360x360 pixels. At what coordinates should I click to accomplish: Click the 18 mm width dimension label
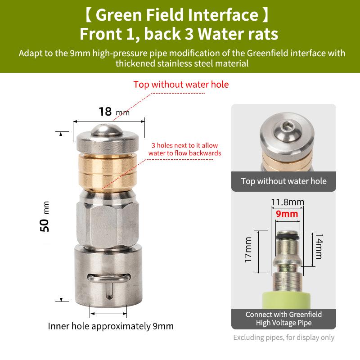pyautogui.click(x=114, y=112)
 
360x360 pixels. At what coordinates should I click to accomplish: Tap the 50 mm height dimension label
pyautogui.click(x=45, y=216)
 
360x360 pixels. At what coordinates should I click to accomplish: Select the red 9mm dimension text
pyautogui.click(x=287, y=214)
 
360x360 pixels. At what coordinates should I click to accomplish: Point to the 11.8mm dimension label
pyautogui.click(x=288, y=202)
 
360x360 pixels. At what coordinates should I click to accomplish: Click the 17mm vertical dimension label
pyautogui.click(x=248, y=250)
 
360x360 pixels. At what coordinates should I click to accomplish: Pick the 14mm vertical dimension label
pyautogui.click(x=319, y=246)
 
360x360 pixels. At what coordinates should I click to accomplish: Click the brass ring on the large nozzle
pyautogui.click(x=108, y=173)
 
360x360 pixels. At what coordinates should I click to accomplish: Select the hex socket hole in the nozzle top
pyautogui.click(x=287, y=126)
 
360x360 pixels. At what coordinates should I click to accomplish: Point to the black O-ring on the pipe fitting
pyautogui.click(x=288, y=237)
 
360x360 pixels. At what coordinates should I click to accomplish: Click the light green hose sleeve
pyautogui.click(x=286, y=300)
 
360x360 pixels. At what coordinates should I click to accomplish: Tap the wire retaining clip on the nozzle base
pyautogui.click(x=109, y=278)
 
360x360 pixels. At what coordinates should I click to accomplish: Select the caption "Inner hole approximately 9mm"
pyautogui.click(x=111, y=326)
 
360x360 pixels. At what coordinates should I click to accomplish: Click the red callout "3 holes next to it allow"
pyautogui.click(x=184, y=145)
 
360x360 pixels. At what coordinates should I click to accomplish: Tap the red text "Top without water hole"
pyautogui.click(x=181, y=85)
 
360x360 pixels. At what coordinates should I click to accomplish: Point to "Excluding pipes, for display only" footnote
pyautogui.click(x=284, y=337)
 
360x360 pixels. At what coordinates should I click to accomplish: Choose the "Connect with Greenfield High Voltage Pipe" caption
pyautogui.click(x=284, y=319)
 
